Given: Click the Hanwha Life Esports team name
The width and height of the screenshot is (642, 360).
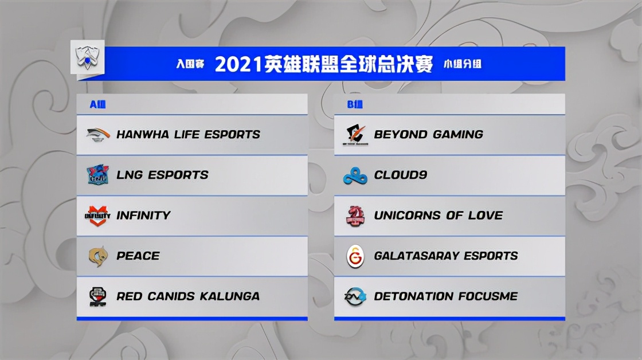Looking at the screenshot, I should (188, 135).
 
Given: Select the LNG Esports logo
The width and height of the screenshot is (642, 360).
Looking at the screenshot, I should (98, 175).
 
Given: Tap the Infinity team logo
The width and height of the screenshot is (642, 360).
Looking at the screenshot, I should (98, 216).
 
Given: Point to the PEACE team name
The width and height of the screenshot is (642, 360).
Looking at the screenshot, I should (138, 256).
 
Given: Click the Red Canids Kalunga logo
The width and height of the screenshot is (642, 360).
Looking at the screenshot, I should (98, 296).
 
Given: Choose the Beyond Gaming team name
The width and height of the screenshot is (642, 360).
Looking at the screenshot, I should (428, 135).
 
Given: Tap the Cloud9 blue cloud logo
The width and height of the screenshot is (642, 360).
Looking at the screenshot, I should (355, 175).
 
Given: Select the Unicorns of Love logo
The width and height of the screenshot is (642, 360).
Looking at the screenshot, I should (355, 216).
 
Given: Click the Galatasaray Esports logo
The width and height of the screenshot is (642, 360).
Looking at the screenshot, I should (355, 256).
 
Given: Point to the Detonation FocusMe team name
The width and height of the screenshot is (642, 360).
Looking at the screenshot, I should (445, 296).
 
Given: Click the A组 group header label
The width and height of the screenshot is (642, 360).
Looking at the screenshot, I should (97, 104).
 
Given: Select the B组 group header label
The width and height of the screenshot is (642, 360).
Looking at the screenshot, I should (355, 104).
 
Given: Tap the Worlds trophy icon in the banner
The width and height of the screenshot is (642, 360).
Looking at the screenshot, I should (87, 57).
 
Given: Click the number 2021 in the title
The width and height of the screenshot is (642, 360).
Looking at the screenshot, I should (238, 64).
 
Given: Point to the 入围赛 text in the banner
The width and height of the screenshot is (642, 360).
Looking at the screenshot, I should (190, 64).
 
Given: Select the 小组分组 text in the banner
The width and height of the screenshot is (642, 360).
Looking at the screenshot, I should (463, 64).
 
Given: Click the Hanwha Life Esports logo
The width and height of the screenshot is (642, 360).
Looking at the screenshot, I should (98, 135).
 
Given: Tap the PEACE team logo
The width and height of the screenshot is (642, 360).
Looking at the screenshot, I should (98, 256).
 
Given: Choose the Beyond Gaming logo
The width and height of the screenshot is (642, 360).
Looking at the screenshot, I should (355, 135).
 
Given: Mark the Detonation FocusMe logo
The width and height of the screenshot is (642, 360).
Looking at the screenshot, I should (355, 296).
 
